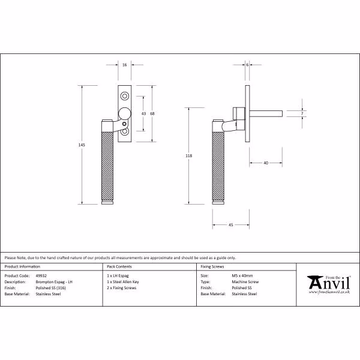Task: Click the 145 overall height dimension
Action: coord(82,145)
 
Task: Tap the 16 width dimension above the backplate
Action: coord(124,65)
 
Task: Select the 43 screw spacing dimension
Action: coord(143,113)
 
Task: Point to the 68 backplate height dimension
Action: coord(152,113)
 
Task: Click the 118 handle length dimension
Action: coord(189,156)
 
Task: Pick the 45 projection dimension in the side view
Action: coord(231,225)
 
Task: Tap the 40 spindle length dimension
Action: coord(266,163)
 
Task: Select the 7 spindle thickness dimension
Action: coord(302,113)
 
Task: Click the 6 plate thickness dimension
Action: coord(247,65)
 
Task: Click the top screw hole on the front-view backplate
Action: coord(125,96)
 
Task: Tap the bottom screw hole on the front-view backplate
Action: coord(125,131)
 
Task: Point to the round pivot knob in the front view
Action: coord(125,113)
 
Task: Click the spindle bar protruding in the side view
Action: coord(266,113)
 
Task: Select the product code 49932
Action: coord(41,276)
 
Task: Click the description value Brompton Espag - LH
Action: coord(54,282)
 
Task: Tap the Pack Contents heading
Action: coord(119,266)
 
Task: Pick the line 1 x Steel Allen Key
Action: coord(123,282)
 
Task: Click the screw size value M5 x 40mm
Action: coord(242,276)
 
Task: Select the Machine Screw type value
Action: coord(245,282)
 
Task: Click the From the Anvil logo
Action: coord(329,284)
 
